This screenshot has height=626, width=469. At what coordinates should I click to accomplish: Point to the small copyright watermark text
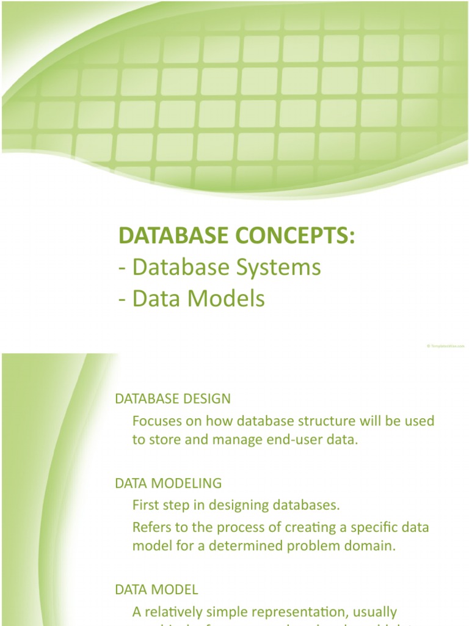(445, 346)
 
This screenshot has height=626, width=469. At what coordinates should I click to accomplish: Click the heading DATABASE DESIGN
(173, 399)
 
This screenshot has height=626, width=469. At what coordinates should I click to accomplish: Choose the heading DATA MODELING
(169, 483)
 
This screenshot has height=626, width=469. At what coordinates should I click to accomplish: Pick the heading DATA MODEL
(156, 589)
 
